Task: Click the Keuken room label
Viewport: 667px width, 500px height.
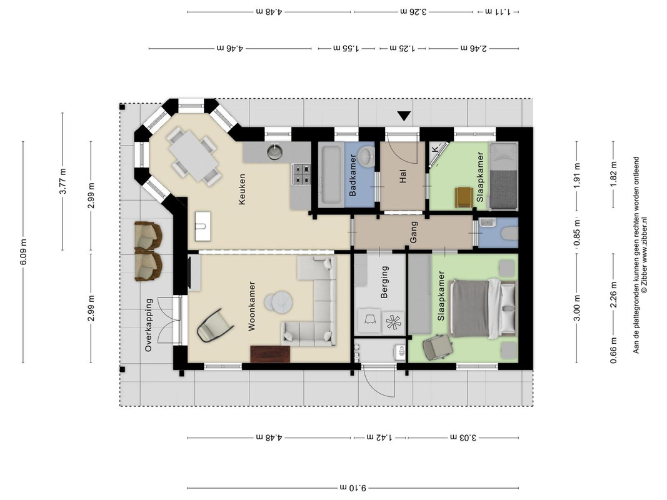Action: (x=242, y=189)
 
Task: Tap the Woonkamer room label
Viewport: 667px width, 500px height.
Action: (x=251, y=306)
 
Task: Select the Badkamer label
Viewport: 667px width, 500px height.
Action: (x=353, y=175)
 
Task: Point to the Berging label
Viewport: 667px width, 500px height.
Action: (x=384, y=282)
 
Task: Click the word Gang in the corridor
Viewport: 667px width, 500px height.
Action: (x=413, y=232)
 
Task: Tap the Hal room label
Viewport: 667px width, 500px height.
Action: (x=403, y=176)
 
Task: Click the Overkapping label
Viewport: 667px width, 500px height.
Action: (x=148, y=325)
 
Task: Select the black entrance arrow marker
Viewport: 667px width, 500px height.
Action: (x=404, y=116)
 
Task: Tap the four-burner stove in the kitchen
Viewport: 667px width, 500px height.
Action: (x=301, y=174)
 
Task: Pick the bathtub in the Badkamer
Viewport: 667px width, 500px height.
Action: (x=331, y=174)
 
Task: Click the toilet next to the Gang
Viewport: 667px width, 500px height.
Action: (x=509, y=233)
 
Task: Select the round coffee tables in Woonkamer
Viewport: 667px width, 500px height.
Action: (x=279, y=302)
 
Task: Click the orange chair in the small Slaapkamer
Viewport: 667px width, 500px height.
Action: (x=464, y=197)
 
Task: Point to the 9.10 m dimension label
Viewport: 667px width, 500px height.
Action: (x=353, y=487)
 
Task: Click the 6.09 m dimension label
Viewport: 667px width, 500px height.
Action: (x=23, y=252)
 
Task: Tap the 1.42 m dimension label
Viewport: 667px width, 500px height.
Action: (x=379, y=437)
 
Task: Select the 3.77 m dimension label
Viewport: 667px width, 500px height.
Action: (x=63, y=181)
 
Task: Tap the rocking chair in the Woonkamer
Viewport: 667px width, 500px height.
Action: (x=215, y=326)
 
